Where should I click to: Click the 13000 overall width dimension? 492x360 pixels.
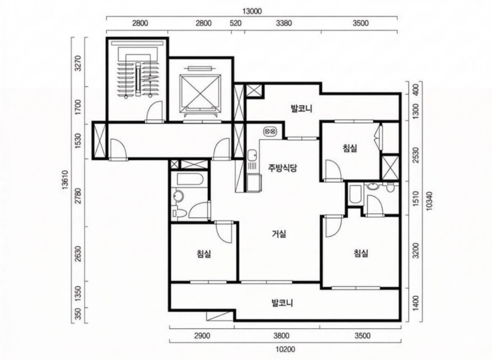tap(252, 12)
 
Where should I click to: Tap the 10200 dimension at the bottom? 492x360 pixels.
tap(285, 349)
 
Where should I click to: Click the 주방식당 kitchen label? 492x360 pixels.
tap(282, 168)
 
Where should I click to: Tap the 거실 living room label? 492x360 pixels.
tap(279, 234)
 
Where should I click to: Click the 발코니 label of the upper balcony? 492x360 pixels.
tap(301, 109)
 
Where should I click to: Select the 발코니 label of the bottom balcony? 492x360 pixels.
tap(282, 303)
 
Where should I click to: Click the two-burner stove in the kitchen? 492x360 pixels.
tap(270, 130)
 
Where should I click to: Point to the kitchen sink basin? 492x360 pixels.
tap(252, 155)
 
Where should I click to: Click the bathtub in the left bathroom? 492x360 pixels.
tap(191, 179)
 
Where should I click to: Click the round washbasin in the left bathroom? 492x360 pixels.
tap(179, 196)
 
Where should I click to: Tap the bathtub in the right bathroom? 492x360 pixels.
tap(355, 194)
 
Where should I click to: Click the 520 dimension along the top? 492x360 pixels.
tap(236, 23)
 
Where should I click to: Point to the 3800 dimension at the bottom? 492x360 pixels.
tap(281, 336)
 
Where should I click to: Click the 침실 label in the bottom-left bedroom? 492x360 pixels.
tap(204, 254)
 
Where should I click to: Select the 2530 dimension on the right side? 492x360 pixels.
tap(416, 155)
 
